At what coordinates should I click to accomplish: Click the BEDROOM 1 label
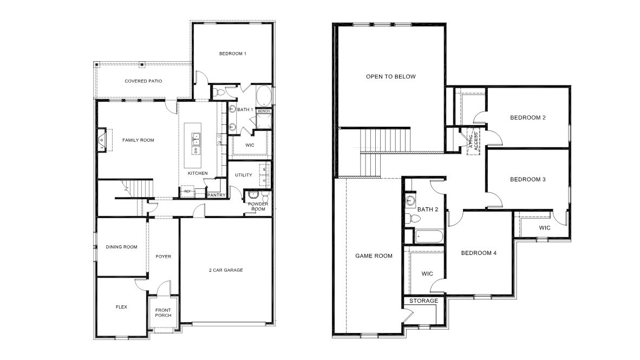233,54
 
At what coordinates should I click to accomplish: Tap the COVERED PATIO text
143,81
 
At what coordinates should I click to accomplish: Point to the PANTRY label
216,195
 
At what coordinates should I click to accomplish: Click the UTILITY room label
244,175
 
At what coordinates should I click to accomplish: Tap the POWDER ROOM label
257,206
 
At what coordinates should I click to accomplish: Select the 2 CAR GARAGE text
226,270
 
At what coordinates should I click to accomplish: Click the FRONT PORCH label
163,312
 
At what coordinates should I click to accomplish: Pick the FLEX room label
121,307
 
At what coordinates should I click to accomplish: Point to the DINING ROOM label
121,247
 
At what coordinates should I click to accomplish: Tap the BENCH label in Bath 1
264,111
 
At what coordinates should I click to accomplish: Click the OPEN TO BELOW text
391,76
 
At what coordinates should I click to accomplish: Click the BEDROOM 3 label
527,179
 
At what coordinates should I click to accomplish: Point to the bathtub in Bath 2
429,237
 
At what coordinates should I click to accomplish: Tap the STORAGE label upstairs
423,301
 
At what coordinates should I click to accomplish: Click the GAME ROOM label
374,256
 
